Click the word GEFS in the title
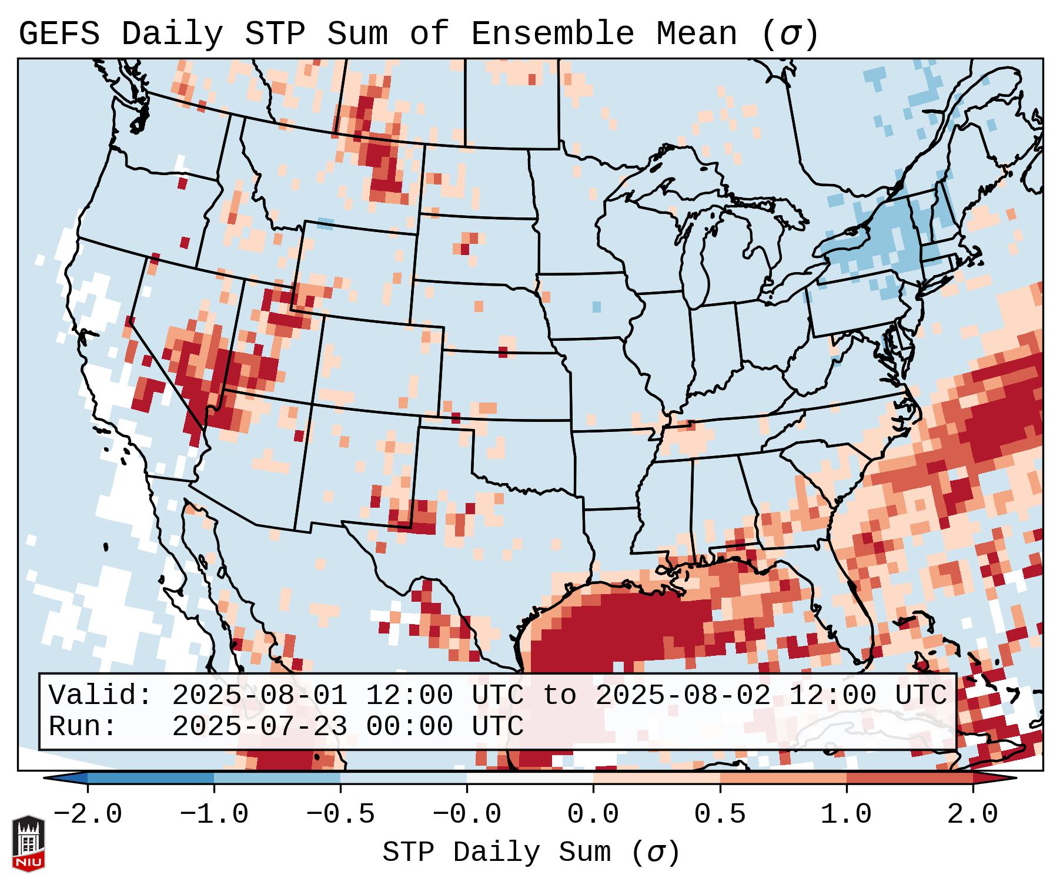(59, 34)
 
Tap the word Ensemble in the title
(552, 34)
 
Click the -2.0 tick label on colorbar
(88, 814)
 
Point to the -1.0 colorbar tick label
(214, 814)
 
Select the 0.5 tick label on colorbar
(720, 814)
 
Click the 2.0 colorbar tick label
(972, 814)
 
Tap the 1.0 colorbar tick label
(846, 814)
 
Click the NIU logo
(28, 843)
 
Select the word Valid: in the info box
(100, 696)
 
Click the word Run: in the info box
(82, 727)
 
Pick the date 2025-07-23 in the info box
(259, 727)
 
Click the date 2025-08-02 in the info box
(683, 696)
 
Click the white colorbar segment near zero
(530, 778)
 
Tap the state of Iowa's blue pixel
(597, 307)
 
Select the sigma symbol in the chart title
(790, 34)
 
